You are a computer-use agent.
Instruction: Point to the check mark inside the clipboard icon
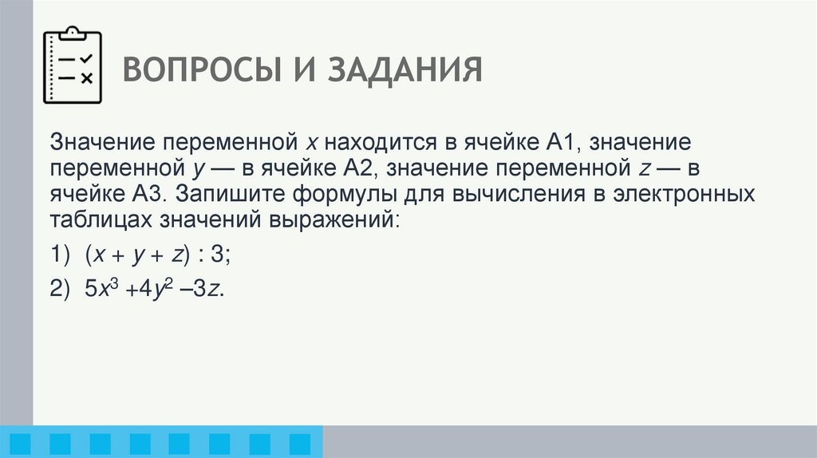(x=88, y=59)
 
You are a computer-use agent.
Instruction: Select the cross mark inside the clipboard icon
(x=88, y=77)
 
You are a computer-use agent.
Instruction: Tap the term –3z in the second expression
(x=200, y=290)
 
